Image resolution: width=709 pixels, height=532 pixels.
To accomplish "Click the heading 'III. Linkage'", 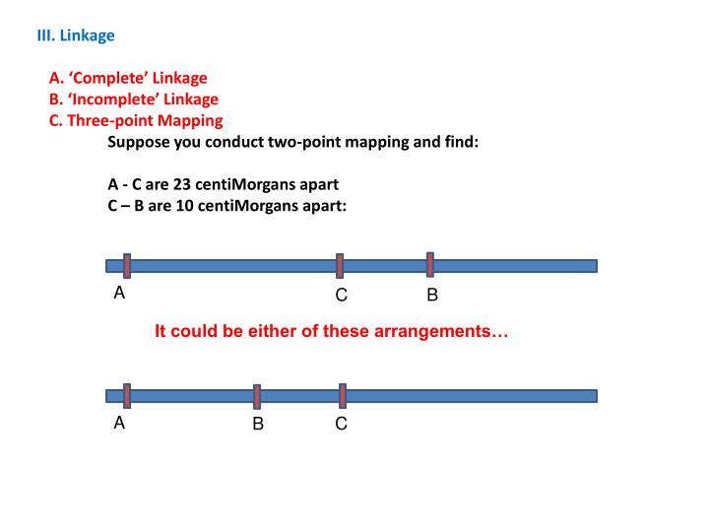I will [76, 35].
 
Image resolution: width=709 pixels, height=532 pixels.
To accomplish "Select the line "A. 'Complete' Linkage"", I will [128, 78].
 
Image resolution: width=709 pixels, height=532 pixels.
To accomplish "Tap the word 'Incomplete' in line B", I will [120, 100].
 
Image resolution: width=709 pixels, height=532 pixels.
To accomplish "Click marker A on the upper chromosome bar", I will [127, 265].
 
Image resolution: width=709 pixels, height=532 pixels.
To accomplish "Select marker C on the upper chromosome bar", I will [340, 265].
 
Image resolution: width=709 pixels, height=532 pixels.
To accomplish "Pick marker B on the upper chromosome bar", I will [430, 264].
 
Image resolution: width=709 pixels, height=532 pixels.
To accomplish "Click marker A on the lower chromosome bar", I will [127, 395].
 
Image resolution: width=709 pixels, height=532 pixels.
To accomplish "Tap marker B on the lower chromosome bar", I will [257, 396].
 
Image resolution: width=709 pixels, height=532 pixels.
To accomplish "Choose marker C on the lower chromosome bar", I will [343, 395].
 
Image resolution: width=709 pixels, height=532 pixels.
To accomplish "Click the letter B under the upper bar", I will [431, 295].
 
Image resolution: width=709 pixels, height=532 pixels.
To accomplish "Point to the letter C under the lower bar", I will [341, 425].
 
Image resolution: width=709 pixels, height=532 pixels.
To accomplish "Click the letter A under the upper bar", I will [119, 293].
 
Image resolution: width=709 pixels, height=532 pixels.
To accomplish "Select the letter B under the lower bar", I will [257, 425].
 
